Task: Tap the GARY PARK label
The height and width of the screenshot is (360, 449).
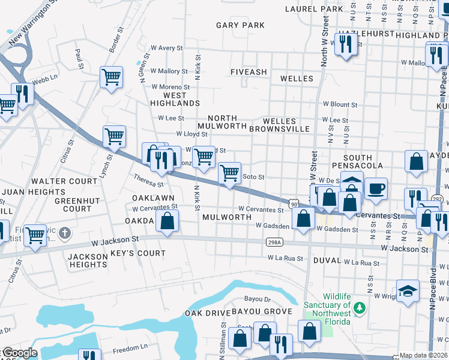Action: click(240, 25)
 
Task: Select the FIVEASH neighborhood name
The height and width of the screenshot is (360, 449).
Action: click(249, 72)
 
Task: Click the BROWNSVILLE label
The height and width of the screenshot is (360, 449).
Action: click(279, 128)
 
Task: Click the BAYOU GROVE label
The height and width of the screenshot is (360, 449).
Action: click(262, 311)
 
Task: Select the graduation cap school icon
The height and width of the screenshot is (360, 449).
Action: click(408, 290)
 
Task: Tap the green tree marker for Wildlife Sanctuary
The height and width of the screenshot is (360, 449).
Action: click(360, 308)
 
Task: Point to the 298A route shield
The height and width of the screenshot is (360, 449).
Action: click(273, 242)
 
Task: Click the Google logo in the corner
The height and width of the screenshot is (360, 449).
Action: click(19, 353)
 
